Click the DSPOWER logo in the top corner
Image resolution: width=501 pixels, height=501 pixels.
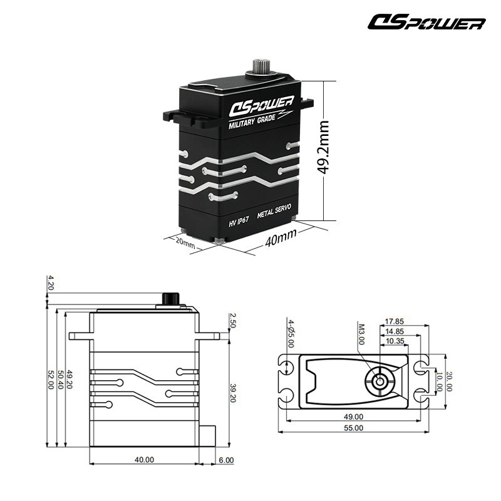pos(426,23)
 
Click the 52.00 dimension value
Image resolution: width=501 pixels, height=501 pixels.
pos(50,380)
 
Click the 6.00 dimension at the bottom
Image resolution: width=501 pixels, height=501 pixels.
pos(226,460)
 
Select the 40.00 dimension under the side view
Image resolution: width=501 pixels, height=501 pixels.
pos(143,460)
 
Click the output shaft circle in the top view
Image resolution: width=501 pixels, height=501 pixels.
pos(380,381)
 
